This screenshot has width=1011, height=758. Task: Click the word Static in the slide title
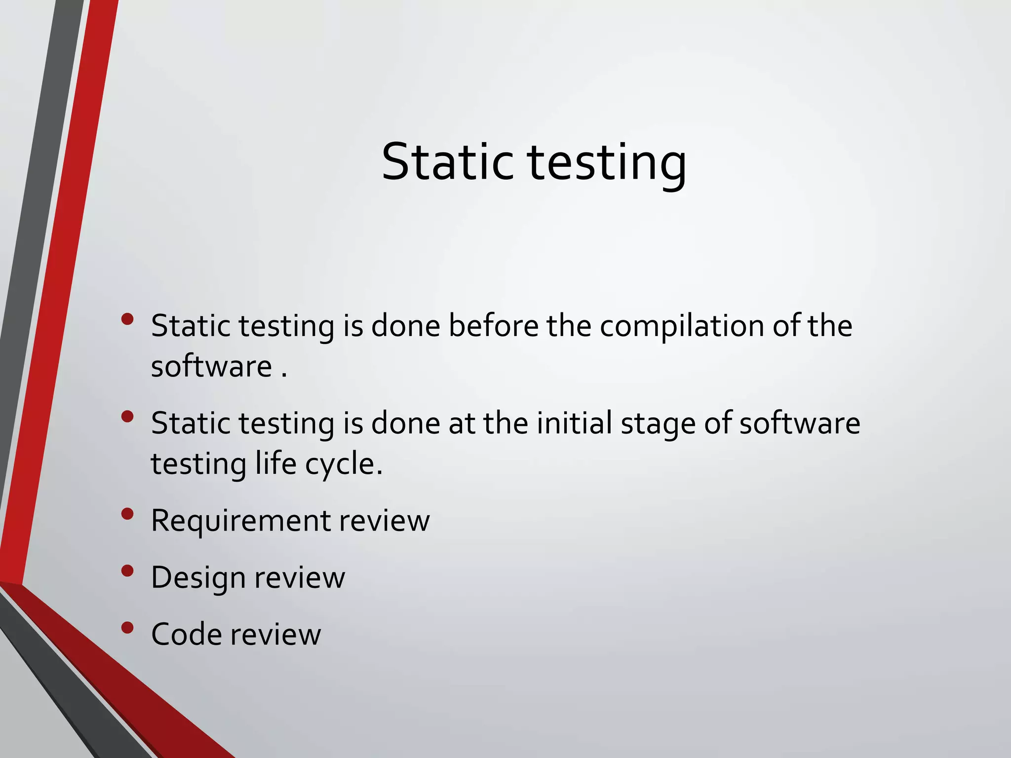coord(446,162)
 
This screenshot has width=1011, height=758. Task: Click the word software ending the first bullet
coord(211,367)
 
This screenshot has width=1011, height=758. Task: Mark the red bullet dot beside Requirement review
coord(127,514)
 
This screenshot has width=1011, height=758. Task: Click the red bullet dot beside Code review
coord(127,628)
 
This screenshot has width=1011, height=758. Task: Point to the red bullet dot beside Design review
coord(127,571)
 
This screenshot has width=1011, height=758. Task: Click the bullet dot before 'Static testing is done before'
coord(127,319)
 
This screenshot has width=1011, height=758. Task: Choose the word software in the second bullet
coord(799,423)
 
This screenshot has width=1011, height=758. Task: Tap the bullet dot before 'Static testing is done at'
coord(127,417)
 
